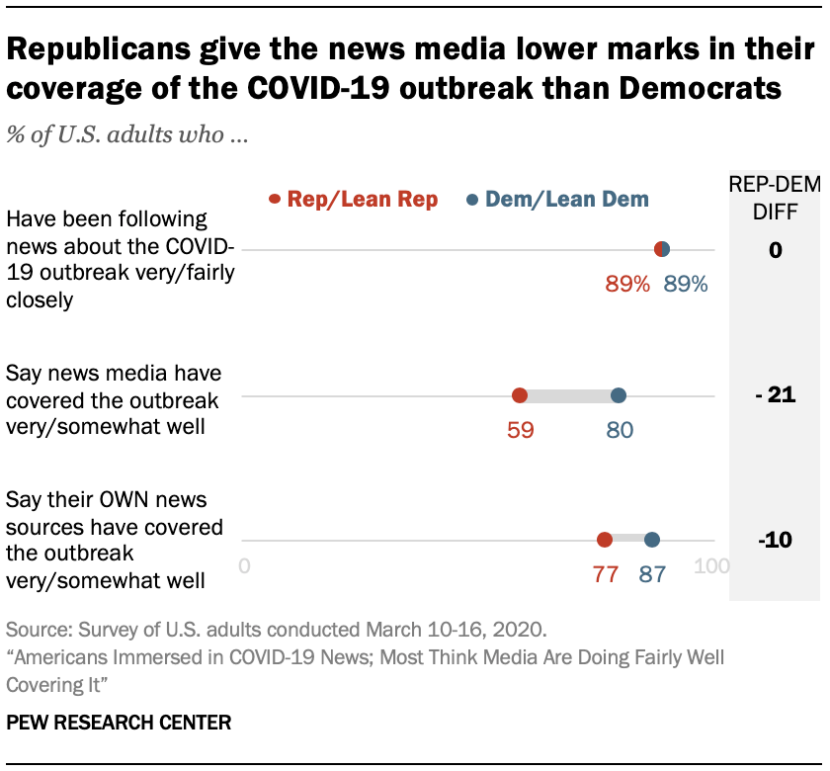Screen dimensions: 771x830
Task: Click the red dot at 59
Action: pos(520,396)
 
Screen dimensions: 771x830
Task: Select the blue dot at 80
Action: pos(619,396)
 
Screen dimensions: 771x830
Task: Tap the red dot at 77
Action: pos(605,540)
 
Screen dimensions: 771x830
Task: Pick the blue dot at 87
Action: pos(652,540)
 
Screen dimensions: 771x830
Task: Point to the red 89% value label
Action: pos(627,285)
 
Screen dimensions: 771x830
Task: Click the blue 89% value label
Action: pos(686,285)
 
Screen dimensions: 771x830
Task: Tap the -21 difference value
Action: pos(775,396)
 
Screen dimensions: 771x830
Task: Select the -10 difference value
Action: pos(775,541)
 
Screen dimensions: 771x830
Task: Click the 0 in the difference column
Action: pos(776,251)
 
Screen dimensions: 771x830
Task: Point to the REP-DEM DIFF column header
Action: pos(776,197)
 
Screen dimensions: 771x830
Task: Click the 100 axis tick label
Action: pos(711,567)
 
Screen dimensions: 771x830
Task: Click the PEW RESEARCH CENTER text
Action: pos(119,723)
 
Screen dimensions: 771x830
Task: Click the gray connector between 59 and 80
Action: pos(569,396)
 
